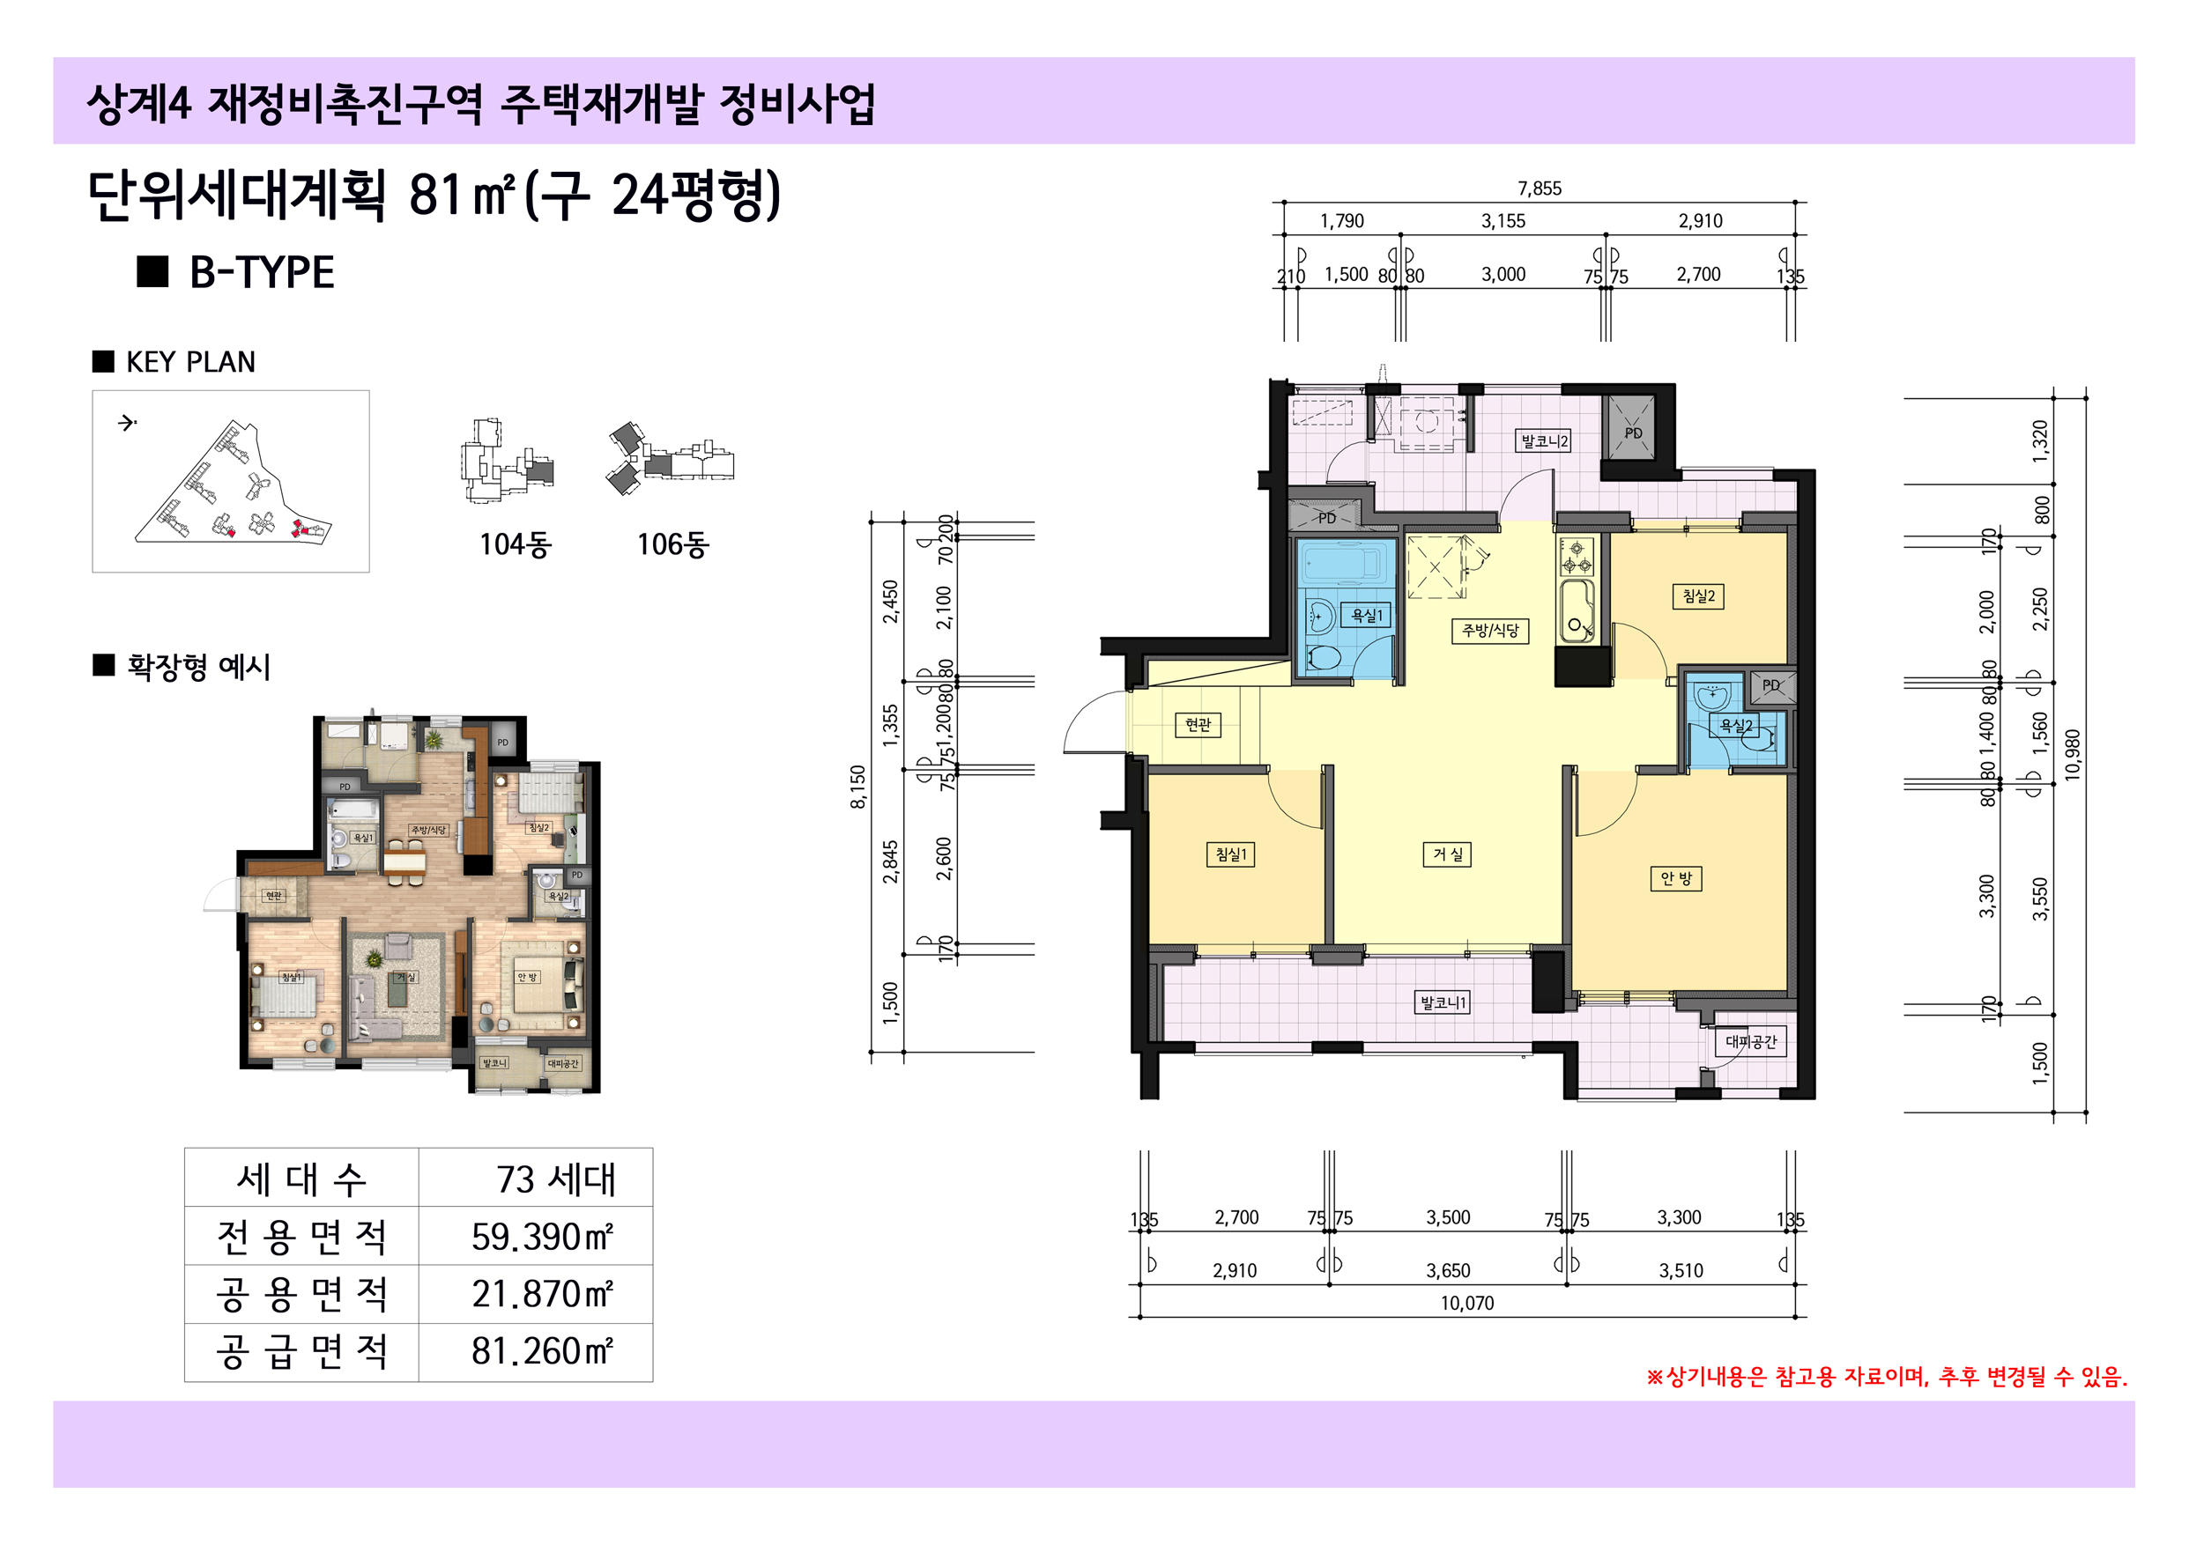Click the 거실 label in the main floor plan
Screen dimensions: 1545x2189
pos(1447,854)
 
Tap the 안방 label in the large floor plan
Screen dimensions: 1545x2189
pos(1675,878)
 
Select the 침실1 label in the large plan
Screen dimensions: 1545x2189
pos(1230,854)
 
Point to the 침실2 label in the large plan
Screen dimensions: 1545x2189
pos(1698,596)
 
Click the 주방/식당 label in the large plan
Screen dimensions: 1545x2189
pos(1489,630)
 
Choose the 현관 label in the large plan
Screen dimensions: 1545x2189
pos(1198,724)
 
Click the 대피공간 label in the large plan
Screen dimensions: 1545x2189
pos(1750,1042)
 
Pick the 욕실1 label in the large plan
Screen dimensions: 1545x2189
pos(1366,616)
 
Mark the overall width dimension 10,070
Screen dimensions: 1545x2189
pos(1466,1303)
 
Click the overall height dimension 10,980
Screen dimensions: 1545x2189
pos(2072,755)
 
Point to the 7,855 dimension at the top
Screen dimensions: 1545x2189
pos(1539,189)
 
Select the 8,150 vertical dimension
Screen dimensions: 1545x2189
pos(858,787)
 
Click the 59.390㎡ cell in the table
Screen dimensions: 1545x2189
pos(540,1237)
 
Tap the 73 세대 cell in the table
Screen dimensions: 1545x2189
pos(555,1179)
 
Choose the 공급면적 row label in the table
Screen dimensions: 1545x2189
pos(301,1351)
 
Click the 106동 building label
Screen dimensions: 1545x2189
pos(672,544)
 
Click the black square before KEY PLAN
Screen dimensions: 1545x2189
pos(103,361)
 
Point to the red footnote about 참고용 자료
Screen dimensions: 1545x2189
pos(1886,1376)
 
